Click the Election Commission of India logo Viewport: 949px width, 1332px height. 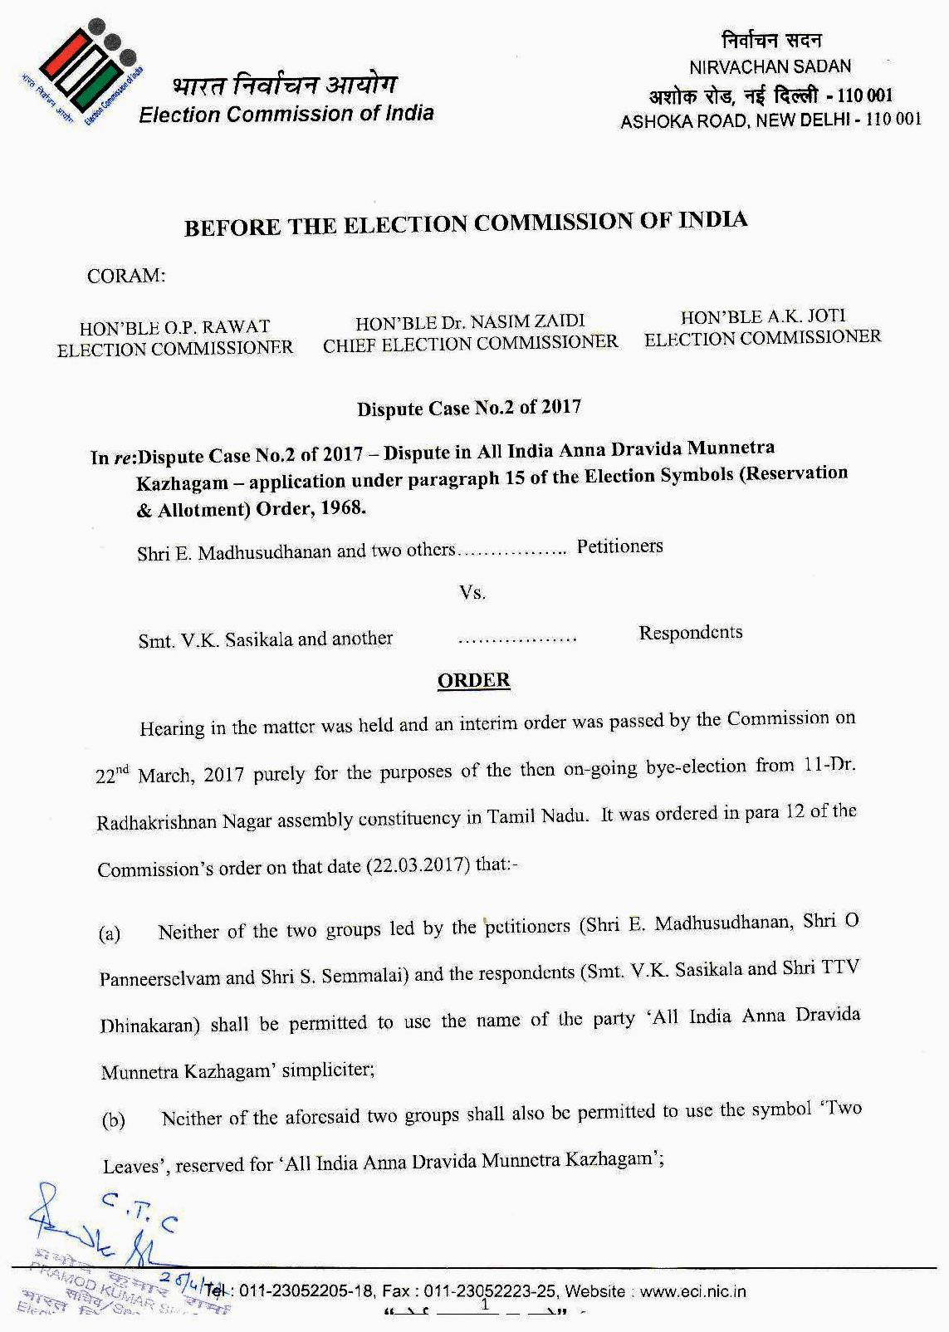click(81, 72)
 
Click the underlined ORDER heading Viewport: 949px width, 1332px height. click(473, 681)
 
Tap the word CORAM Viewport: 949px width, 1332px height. click(126, 277)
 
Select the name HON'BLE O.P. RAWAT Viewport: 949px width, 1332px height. click(174, 326)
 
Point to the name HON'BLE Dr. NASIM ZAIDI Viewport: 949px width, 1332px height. click(470, 321)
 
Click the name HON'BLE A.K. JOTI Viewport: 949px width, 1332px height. click(762, 316)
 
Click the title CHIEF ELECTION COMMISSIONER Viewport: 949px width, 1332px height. click(470, 343)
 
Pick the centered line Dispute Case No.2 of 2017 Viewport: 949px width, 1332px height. click(468, 408)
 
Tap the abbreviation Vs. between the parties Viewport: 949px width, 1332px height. click(472, 593)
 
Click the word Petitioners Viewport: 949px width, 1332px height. click(619, 546)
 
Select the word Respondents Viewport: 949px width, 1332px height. click(690, 633)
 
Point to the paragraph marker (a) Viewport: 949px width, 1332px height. click(110, 933)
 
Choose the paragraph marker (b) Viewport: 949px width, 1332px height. click(113, 1121)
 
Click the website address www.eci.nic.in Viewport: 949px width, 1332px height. click(693, 1290)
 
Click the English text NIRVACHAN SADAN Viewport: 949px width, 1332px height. click(770, 66)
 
